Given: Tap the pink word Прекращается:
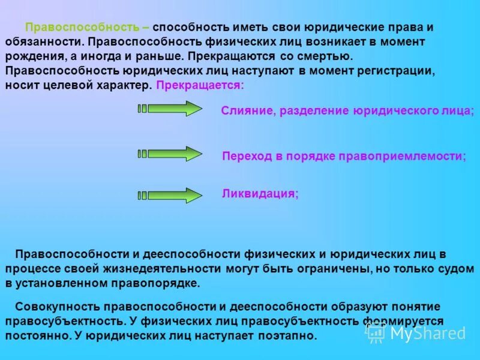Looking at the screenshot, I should pyautogui.click(x=200, y=85).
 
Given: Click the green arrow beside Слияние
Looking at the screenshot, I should pyautogui.click(x=170, y=109).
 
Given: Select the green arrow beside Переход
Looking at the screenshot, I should pyautogui.click(x=170, y=154).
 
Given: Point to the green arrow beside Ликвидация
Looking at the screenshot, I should pyautogui.click(x=170, y=196).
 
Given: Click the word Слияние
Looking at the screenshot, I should pyautogui.click(x=246, y=111).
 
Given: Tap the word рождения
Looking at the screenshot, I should pyautogui.click(x=29, y=56).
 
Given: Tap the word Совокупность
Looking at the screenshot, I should pyautogui.click(x=53, y=307).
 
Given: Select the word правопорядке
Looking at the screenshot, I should pyautogui.click(x=158, y=283).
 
